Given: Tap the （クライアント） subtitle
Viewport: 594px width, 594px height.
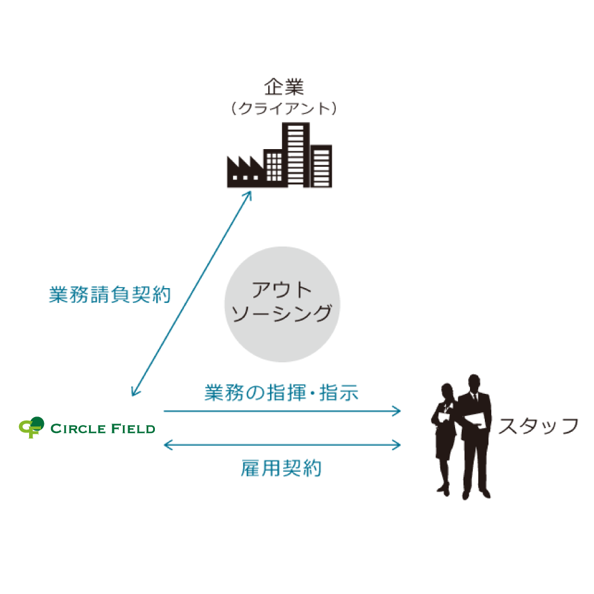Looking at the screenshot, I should [284, 109].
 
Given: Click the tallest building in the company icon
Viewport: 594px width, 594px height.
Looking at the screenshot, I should [296, 154].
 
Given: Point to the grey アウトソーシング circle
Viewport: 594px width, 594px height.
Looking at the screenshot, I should [282, 304].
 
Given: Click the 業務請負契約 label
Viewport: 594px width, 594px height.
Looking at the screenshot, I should [110, 295].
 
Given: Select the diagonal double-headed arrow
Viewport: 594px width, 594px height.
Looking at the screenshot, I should [191, 294].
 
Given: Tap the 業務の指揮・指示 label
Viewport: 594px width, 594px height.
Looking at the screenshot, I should [282, 393].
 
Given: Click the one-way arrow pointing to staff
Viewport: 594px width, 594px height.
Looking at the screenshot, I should [282, 410].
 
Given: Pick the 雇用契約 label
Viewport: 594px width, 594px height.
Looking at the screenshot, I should [282, 468].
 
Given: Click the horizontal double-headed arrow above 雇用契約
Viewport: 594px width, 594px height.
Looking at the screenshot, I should [282, 443].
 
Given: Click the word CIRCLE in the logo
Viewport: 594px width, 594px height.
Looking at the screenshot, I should [79, 428].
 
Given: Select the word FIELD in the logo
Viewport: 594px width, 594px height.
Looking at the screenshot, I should [133, 428].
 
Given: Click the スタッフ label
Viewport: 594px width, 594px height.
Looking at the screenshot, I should [538, 426].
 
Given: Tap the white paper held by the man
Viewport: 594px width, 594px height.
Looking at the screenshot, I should [477, 420].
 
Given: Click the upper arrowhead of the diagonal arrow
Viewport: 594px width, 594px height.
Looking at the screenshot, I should [249, 195].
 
